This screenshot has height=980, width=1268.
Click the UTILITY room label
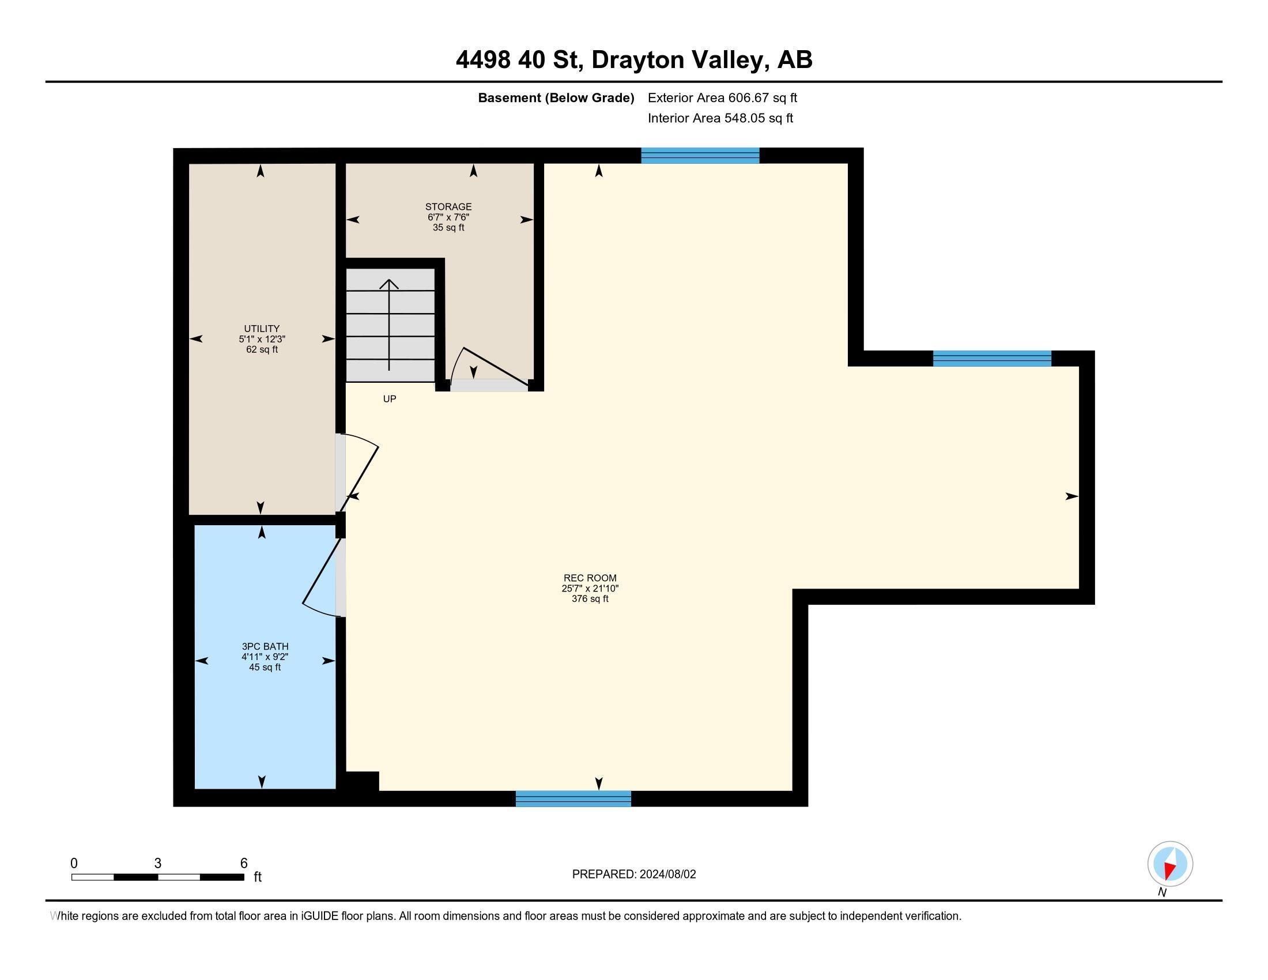click(262, 329)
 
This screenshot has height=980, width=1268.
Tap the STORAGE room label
click(448, 207)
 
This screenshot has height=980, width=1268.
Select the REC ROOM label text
click(590, 578)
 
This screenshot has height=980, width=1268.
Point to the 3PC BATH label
click(265, 646)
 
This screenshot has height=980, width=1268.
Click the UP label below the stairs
click(390, 399)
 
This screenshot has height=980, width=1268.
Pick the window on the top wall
click(700, 156)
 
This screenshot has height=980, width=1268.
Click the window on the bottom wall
click(573, 798)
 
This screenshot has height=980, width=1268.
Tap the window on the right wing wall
click(992, 358)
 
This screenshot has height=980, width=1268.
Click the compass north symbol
click(1170, 864)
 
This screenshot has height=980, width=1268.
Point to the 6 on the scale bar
click(244, 864)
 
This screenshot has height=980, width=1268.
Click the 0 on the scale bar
click(74, 864)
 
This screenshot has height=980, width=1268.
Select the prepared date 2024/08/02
click(667, 874)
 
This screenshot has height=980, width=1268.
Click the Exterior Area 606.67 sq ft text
click(722, 97)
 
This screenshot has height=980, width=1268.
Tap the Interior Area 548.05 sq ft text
click(720, 118)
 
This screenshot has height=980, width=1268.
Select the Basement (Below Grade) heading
click(556, 97)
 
